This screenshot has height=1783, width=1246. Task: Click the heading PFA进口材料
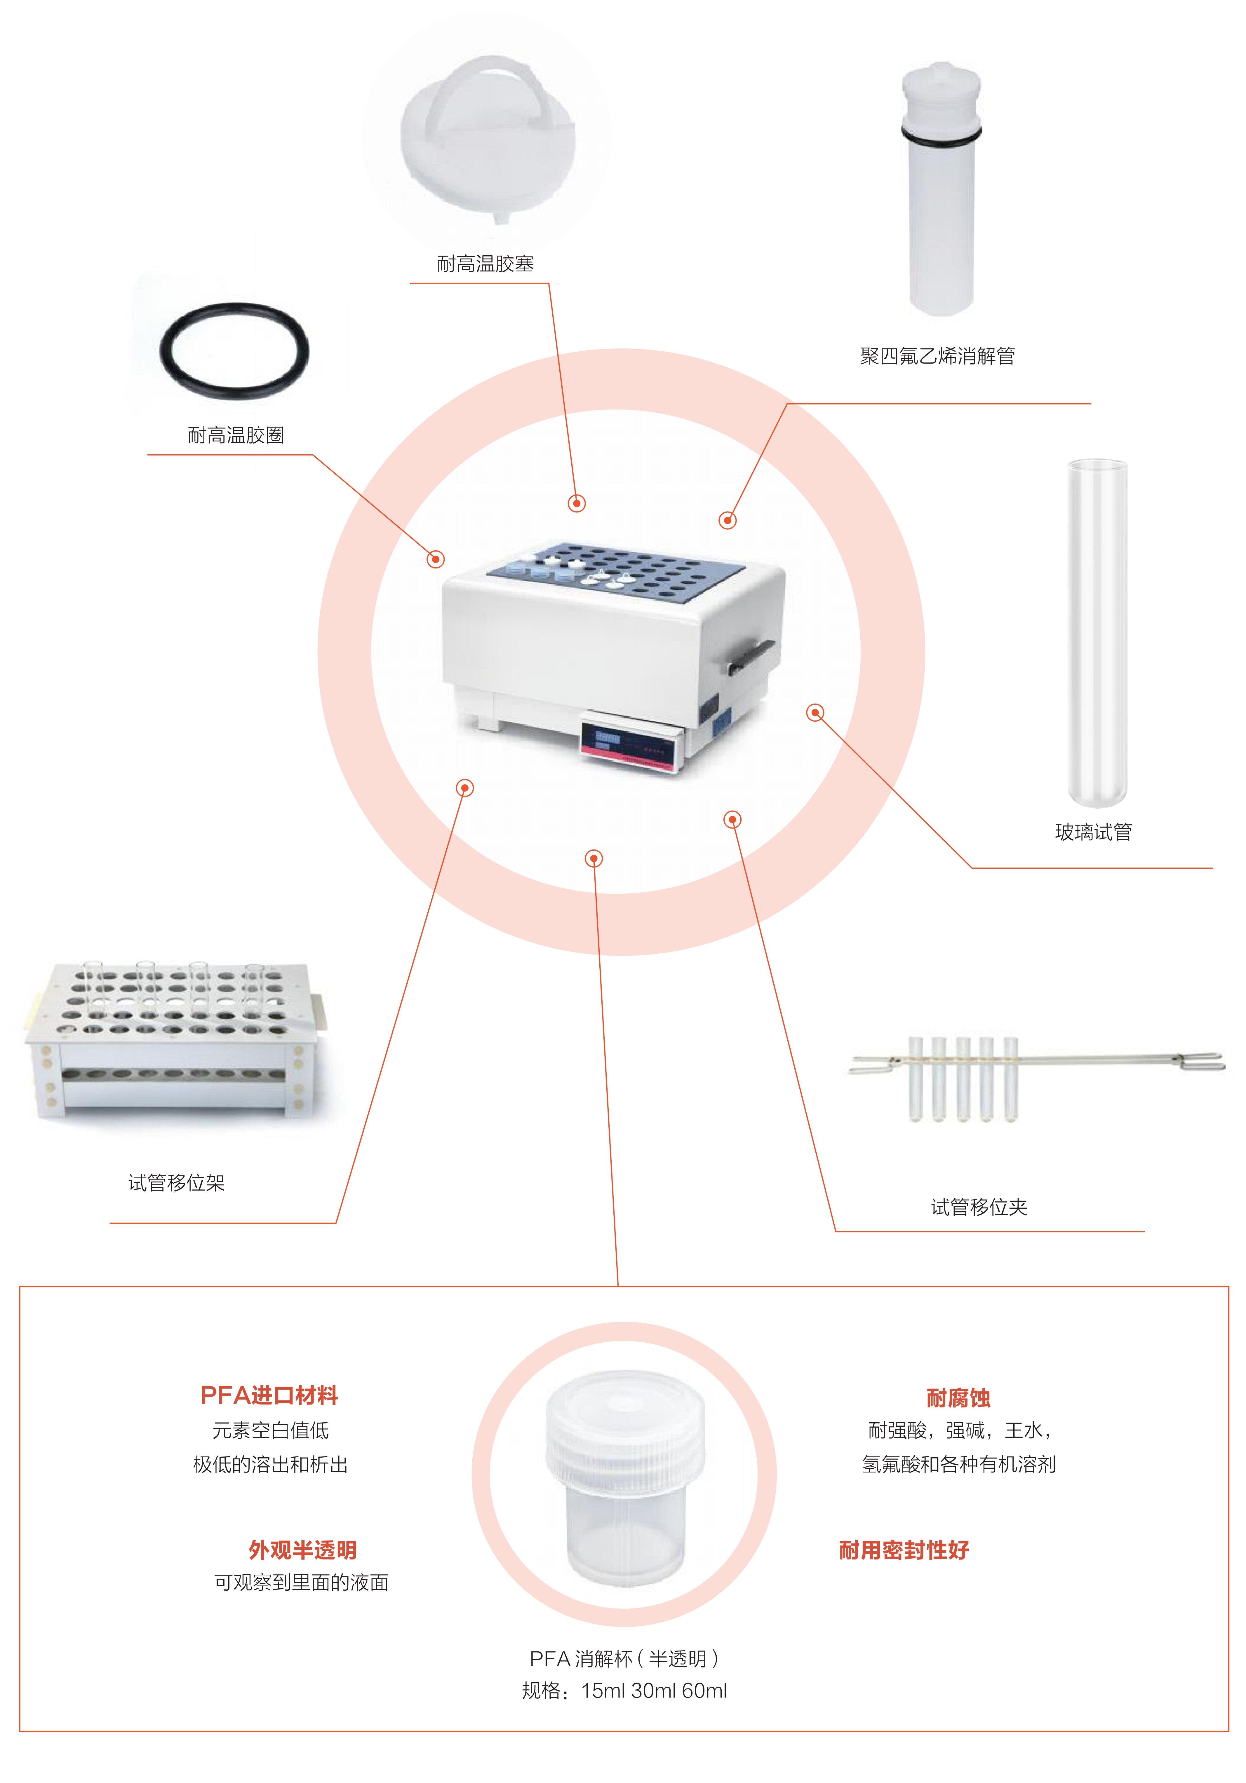[x=269, y=1395]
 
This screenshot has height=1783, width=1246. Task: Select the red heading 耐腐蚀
[x=958, y=1398]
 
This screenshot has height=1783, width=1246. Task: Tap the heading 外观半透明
[x=303, y=1550]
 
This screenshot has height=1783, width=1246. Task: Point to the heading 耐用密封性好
[x=904, y=1550]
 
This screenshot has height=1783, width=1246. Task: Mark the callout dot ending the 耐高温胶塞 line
[x=576, y=503]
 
